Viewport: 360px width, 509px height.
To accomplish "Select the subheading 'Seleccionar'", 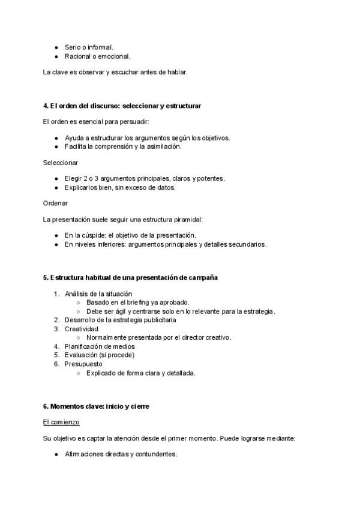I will pyautogui.click(x=60, y=163).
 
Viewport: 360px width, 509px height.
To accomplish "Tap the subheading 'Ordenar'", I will pyautogui.click(x=55, y=203).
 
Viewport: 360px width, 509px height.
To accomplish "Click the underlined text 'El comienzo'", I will pyautogui.click(x=61, y=423).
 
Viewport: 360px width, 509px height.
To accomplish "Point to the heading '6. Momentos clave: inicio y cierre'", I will pyautogui.click(x=96, y=406).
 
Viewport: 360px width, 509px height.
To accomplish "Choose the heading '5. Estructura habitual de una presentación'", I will pyautogui.click(x=130, y=278).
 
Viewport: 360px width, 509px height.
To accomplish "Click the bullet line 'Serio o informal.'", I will pyautogui.click(x=89, y=47).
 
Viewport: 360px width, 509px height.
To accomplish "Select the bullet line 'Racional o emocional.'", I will pyautogui.click(x=97, y=56).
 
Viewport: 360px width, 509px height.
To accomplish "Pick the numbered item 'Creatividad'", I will pyautogui.click(x=82, y=329).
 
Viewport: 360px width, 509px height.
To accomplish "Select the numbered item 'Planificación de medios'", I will pyautogui.click(x=100, y=346).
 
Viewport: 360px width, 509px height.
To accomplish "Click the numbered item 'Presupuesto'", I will pyautogui.click(x=83, y=364).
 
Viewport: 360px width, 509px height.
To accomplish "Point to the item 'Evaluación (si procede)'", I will pyautogui.click(x=100, y=355).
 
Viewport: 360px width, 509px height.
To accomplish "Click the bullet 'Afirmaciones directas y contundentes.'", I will pyautogui.click(x=121, y=454).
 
